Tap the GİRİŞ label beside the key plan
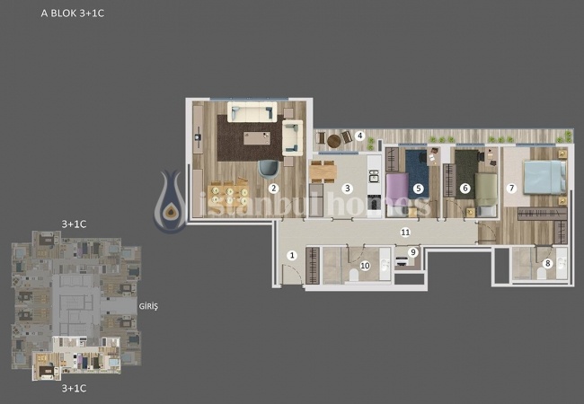click(x=148, y=306)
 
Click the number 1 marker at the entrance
click(x=291, y=255)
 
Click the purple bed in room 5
click(x=396, y=188)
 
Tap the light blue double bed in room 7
click(x=542, y=176)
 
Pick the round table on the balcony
click(x=334, y=140)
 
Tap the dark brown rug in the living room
click(x=250, y=140)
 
